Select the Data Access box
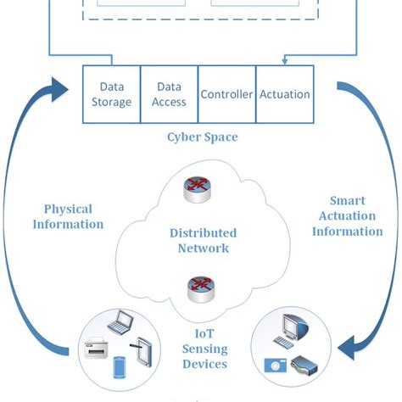point(170,93)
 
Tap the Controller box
point(226,94)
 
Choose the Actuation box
point(283,94)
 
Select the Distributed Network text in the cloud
point(203,240)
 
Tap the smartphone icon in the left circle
point(119,368)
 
